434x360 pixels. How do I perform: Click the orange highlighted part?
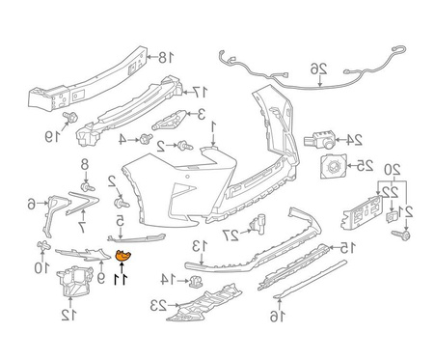tap(124, 256)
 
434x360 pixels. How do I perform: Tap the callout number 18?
tap(166, 58)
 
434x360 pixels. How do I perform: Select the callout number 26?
tap(318, 69)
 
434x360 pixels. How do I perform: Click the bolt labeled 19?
tap(70, 117)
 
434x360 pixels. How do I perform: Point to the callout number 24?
tap(354, 140)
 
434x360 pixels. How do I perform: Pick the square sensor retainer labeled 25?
tap(334, 166)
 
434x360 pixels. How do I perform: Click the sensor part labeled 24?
tap(319, 140)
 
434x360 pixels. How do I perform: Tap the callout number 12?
tap(68, 315)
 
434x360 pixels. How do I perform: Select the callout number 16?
tap(277, 317)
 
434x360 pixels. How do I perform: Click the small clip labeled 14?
tap(196, 282)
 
